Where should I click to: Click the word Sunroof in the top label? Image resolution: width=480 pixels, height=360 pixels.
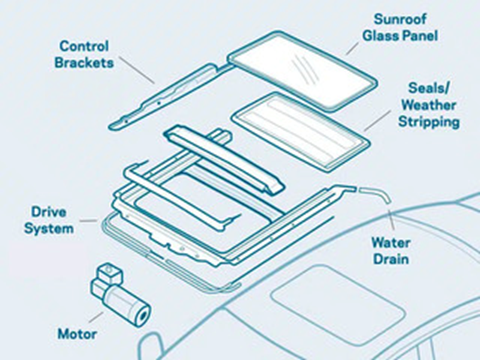[x=400, y=19]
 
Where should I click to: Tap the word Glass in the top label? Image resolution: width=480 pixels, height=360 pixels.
[x=380, y=36]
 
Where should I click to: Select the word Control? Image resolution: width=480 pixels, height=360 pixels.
[x=84, y=46]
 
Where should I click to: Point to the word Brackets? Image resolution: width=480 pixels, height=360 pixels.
[x=84, y=63]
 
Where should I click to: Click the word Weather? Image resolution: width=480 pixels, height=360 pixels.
[x=429, y=105]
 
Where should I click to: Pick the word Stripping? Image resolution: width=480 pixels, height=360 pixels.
[x=429, y=122]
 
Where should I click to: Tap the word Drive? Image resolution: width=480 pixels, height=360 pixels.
[x=49, y=212]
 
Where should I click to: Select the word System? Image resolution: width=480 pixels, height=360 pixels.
[x=49, y=229]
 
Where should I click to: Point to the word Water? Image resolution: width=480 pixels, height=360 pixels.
[x=391, y=243]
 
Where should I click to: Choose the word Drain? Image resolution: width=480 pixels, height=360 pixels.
[x=391, y=259]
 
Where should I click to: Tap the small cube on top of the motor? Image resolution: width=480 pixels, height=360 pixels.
[x=109, y=272]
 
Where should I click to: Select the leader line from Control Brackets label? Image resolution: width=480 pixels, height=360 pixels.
[x=137, y=70]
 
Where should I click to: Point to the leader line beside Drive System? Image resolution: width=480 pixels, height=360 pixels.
[x=89, y=221]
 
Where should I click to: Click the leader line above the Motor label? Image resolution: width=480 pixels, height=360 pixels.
[x=96, y=317]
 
